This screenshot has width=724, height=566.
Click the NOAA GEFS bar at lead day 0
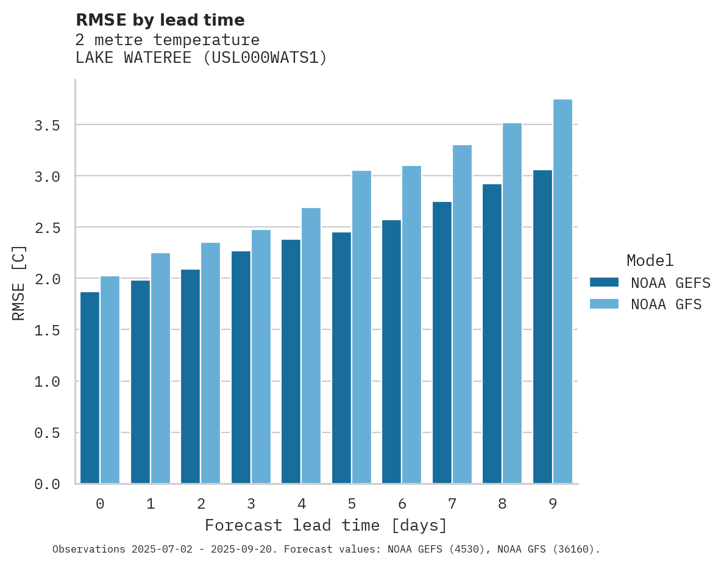[x=90, y=387]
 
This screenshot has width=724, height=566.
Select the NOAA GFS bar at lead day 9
[x=563, y=292]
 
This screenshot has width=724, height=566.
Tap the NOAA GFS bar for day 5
[x=361, y=327]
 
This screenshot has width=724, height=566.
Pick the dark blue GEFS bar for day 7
[x=442, y=342]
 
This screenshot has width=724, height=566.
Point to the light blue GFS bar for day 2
[x=210, y=363]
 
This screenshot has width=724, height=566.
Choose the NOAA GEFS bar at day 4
[x=291, y=361]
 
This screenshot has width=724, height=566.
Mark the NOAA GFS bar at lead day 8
[x=512, y=303]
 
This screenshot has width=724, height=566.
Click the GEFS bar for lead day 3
[x=241, y=367]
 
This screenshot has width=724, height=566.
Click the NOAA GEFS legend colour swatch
[x=604, y=282]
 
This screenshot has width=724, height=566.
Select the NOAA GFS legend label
[x=666, y=304]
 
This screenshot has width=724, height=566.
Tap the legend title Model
[x=650, y=260]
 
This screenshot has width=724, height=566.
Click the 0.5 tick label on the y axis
[x=47, y=432]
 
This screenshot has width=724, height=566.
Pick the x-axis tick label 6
[x=402, y=504]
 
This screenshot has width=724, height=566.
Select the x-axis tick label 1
[x=151, y=504]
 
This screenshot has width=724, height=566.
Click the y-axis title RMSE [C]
[x=19, y=282]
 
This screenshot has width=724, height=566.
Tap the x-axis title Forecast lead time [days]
[x=326, y=525]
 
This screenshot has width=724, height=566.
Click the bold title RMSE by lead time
[x=160, y=20]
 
